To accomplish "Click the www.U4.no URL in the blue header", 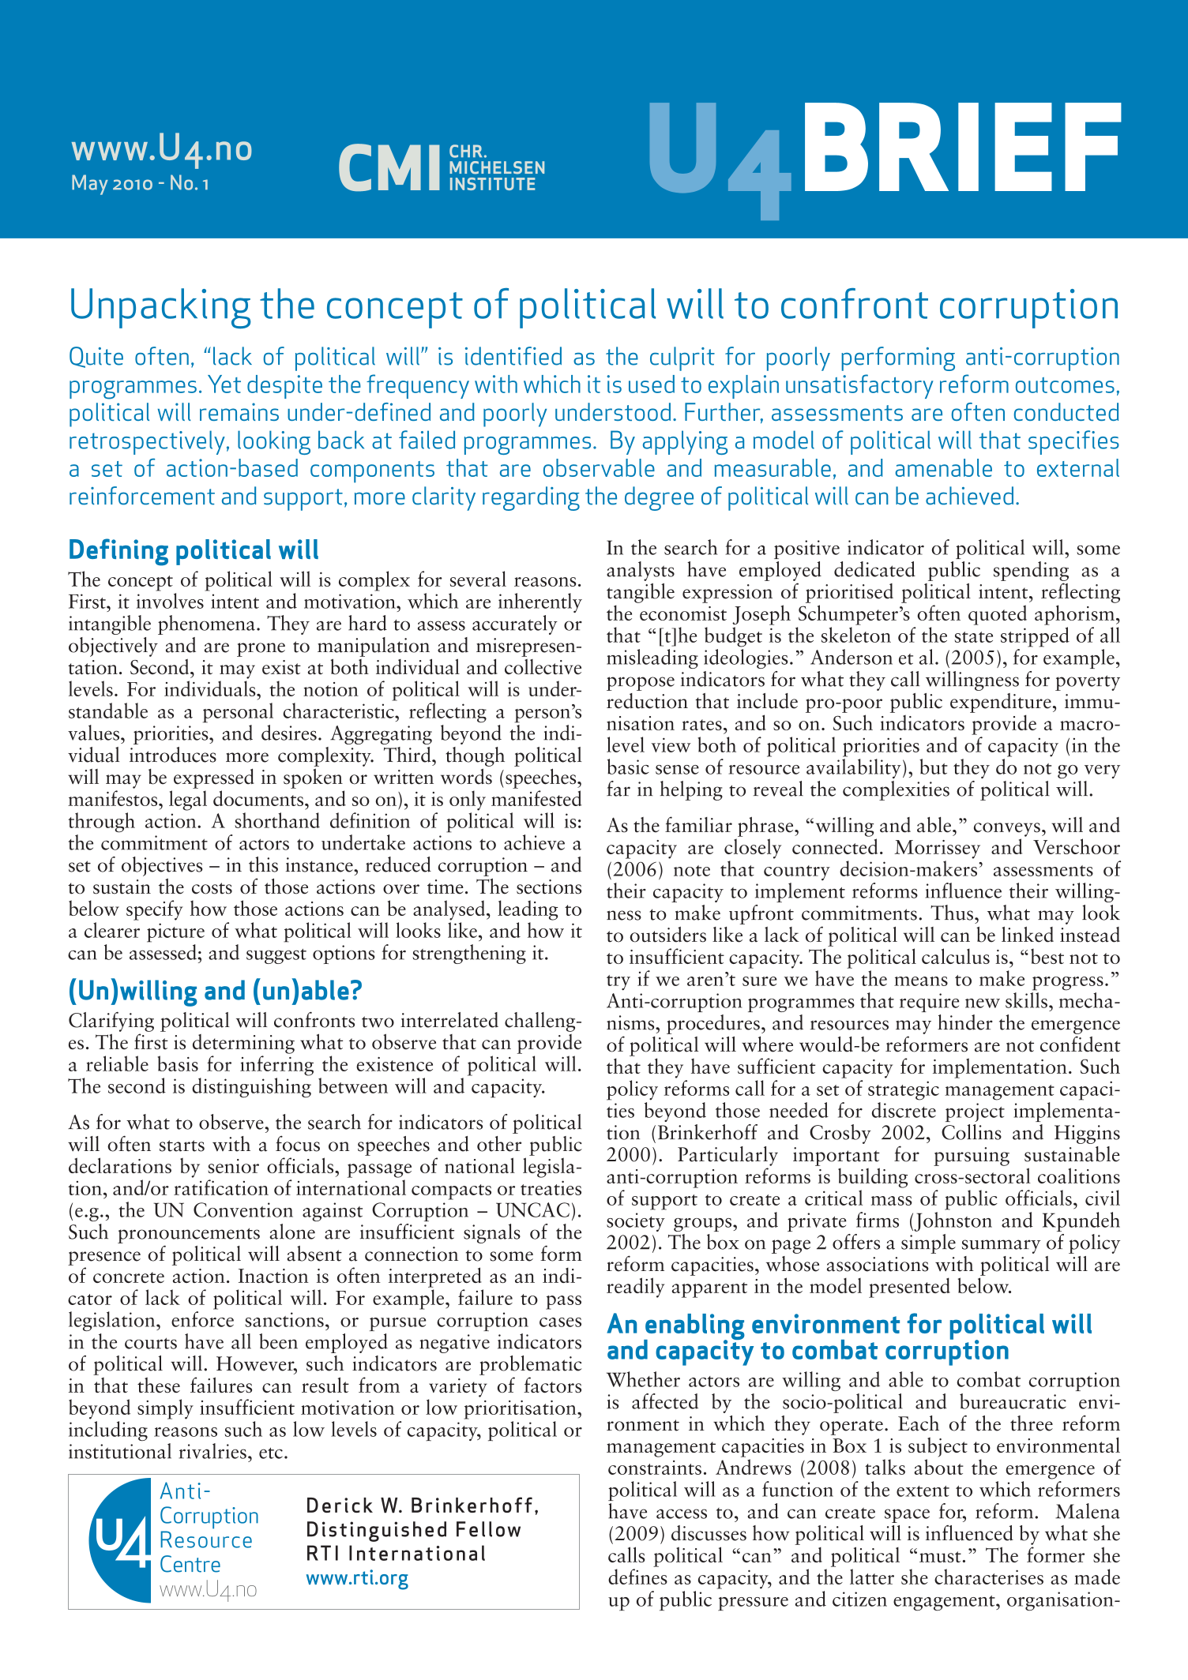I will tap(161, 148).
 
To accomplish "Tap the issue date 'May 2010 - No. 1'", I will tap(140, 184).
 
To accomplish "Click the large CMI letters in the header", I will tap(389, 168).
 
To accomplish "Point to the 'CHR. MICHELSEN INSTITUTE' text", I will tap(496, 168).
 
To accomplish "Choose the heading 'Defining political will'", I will tap(194, 549).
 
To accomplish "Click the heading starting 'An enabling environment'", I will tap(849, 1337).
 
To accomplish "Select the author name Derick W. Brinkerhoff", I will tap(423, 1506).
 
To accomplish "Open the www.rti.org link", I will tap(357, 1578).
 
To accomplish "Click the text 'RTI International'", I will tap(396, 1554).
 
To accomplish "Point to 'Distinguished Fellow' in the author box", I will tap(414, 1530).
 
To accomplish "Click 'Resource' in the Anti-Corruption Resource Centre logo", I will tap(205, 1540).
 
